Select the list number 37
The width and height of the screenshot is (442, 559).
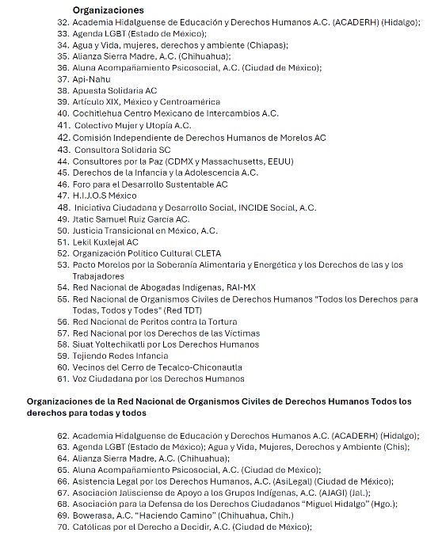[x=63, y=79]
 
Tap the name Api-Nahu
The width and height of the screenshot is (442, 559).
[x=91, y=79]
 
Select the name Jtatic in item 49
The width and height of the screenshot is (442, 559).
[x=85, y=219]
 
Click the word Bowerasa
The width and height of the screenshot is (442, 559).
[x=93, y=515]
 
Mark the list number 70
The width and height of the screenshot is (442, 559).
[x=63, y=527]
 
